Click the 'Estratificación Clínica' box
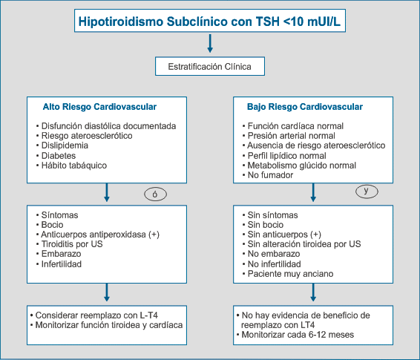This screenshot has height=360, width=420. point(210,66)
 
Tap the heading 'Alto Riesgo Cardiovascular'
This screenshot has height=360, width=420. point(99,107)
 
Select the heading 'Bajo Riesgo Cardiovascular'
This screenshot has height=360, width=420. point(305,107)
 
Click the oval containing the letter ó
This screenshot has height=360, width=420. point(155,194)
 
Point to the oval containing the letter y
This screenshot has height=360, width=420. point(367,192)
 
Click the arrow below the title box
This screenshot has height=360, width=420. point(210,43)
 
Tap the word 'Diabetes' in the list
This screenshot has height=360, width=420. point(59,156)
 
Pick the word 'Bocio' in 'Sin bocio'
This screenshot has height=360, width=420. point(274,225)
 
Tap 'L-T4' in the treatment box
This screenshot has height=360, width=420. point(149,315)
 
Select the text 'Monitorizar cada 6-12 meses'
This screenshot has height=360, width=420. point(298,335)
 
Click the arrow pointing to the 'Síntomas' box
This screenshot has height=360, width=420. point(107,192)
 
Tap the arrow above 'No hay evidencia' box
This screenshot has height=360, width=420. point(313,292)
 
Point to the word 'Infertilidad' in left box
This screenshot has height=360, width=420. point(62,264)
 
